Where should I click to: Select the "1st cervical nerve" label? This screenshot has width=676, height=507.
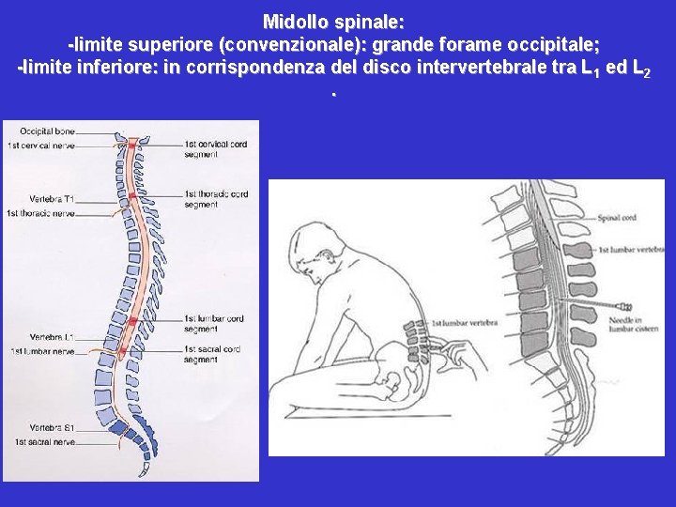40,146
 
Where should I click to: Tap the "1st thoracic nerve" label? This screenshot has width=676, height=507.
40,212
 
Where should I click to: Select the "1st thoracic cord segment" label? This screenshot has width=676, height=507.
216,199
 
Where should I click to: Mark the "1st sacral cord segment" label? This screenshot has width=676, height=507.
214,354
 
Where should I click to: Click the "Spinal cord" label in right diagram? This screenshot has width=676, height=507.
616,219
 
